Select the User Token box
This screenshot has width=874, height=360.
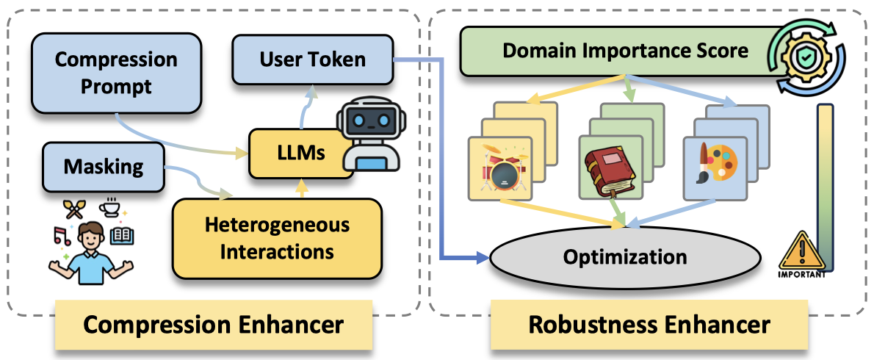pos(312,60)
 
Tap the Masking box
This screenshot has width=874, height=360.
pos(103,167)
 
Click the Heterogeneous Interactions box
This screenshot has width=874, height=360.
pos(277,238)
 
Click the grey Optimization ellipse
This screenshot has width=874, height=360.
pos(624,257)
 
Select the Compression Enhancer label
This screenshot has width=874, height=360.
pos(212,325)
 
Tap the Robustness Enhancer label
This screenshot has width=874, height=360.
pos(649,325)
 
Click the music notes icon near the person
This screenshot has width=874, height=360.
pos(62,236)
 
